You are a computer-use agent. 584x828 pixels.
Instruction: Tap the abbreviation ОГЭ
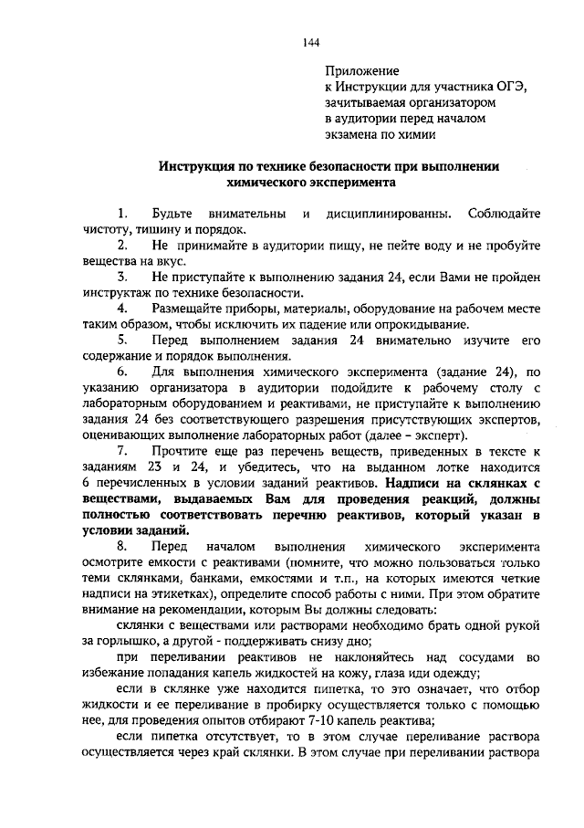coord(514,86)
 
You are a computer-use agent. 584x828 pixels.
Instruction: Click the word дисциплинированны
coord(383,214)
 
